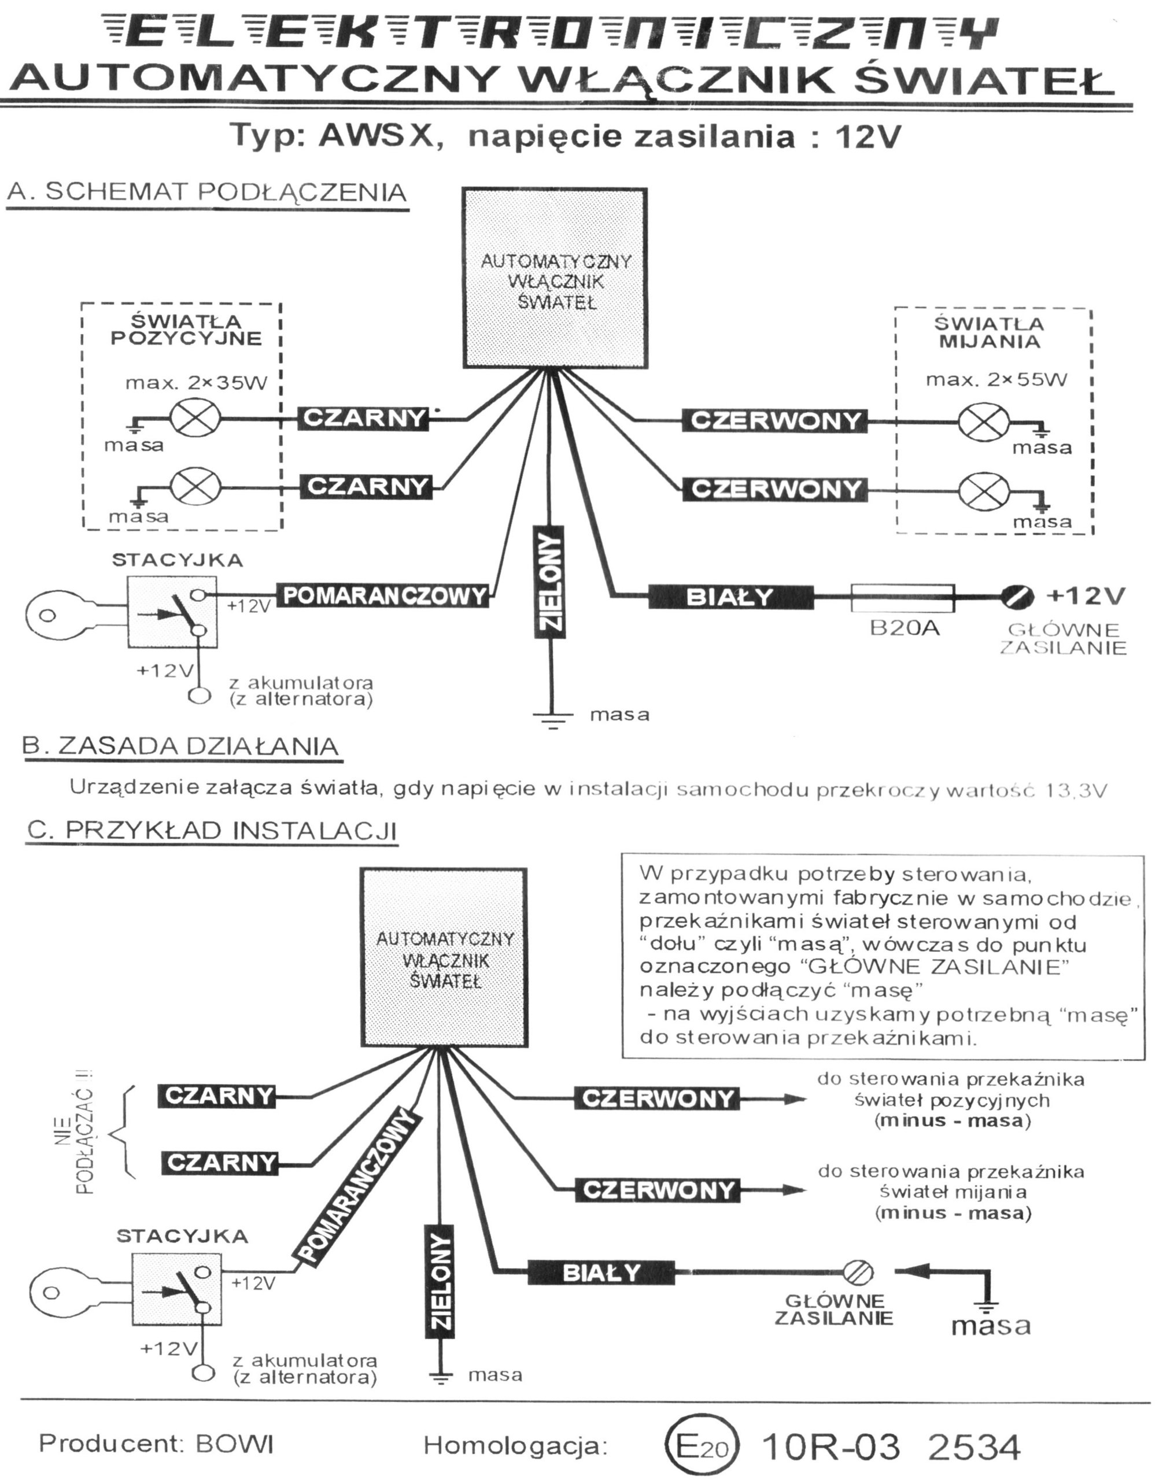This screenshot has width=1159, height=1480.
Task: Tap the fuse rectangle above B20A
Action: point(902,598)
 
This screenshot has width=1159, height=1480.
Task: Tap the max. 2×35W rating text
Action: point(196,383)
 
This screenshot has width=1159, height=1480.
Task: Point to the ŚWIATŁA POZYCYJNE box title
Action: point(186,330)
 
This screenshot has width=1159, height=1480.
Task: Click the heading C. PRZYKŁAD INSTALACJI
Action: point(212,831)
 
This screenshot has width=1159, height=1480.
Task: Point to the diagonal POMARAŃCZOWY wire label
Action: point(356,1186)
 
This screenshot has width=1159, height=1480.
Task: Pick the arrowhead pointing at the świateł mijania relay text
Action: point(794,1190)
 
